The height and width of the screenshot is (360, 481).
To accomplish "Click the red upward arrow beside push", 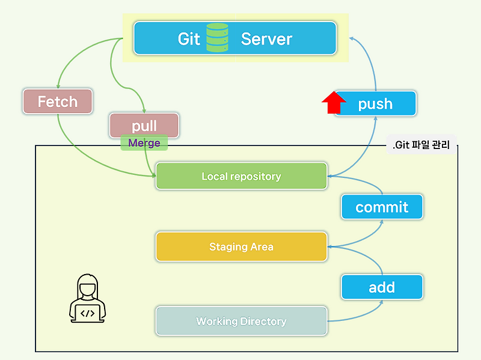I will click(333, 103).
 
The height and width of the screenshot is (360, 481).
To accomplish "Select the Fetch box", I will click(58, 102).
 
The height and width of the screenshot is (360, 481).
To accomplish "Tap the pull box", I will click(144, 125).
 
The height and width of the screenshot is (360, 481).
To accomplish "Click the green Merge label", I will click(144, 143).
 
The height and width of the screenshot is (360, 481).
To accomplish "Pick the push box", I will click(375, 104).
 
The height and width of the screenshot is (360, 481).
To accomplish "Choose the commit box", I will click(382, 207).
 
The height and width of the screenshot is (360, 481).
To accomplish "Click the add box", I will click(382, 287).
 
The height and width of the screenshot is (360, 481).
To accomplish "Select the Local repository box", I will click(241, 176).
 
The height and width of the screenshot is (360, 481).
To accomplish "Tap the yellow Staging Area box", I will click(241, 246).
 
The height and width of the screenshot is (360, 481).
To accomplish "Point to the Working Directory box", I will click(241, 321).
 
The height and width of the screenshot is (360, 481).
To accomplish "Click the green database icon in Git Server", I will click(217, 38).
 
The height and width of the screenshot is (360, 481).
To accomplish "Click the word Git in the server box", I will click(189, 39).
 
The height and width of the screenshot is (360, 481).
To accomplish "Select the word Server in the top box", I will click(266, 39).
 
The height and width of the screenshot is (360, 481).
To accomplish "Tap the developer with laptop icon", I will click(88, 298).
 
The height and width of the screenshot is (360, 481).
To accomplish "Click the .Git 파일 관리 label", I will click(421, 145).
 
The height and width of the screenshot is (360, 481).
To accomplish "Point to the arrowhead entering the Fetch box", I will click(58, 86).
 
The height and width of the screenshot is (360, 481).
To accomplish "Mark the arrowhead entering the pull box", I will click(145, 110).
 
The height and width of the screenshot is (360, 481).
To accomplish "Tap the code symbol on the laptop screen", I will click(88, 313).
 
